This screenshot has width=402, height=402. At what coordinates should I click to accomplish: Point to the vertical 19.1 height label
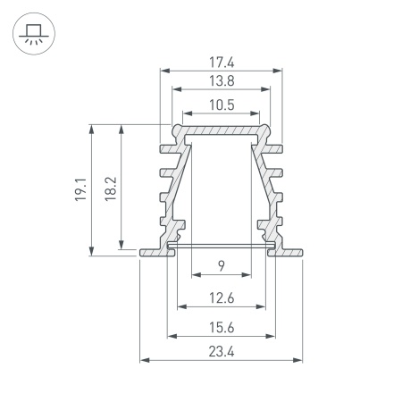coord(80,190)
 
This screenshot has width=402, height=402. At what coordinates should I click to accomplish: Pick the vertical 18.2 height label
coord(109,188)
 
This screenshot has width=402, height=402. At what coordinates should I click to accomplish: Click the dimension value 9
coord(221,265)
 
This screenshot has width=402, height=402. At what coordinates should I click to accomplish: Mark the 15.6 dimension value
coord(221,328)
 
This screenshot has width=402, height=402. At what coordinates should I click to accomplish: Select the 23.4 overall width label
coord(221,351)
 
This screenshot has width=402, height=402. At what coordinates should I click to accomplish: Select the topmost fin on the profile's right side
coord(277,147)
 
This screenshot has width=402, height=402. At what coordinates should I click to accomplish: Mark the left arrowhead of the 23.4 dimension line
coord(144,360)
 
